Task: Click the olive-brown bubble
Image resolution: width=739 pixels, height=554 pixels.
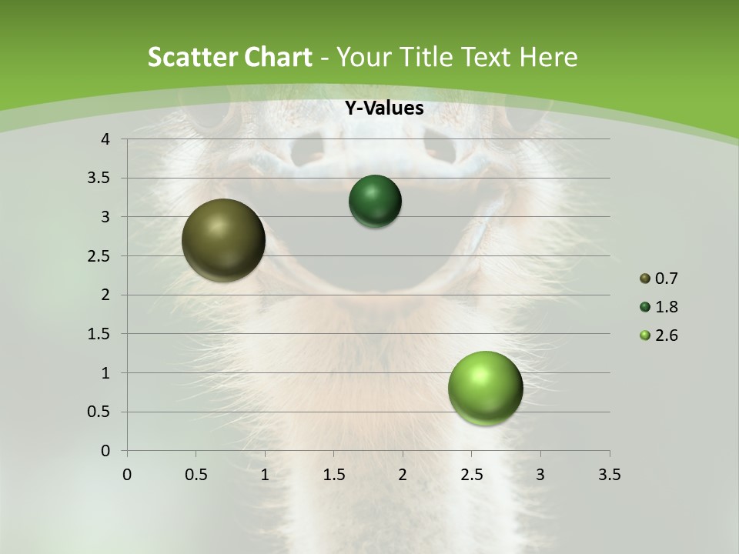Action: point(223,240)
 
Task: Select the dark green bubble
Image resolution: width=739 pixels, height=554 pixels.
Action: point(375,201)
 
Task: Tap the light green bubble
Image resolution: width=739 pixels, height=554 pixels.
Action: point(485,388)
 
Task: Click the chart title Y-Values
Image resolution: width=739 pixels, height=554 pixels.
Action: point(383,108)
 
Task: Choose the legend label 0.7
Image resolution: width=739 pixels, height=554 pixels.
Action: point(666,279)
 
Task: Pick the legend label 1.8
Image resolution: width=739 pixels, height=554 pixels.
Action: point(666,307)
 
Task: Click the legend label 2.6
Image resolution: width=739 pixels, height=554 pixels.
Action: point(666,335)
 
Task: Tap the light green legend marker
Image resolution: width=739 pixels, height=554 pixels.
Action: point(645,335)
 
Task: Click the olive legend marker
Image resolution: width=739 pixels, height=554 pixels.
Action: point(645,279)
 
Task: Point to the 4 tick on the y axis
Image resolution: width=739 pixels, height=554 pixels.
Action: point(106,139)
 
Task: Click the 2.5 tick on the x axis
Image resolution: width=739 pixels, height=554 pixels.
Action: point(471,475)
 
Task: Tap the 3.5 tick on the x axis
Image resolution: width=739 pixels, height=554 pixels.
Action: point(609,475)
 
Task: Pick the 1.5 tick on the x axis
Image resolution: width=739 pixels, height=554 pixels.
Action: point(333,475)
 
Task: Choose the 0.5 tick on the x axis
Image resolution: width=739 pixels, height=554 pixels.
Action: point(196,475)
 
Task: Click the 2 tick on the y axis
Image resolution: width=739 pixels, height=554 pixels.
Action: point(106,295)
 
